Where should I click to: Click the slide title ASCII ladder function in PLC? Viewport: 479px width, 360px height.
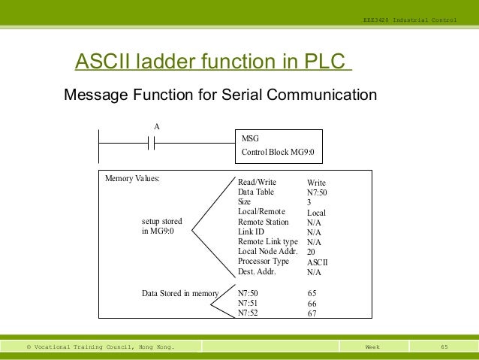212,61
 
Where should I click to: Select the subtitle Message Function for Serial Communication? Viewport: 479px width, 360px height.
220,95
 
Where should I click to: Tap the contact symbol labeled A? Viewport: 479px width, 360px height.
151,143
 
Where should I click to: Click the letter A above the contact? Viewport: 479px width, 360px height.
156,127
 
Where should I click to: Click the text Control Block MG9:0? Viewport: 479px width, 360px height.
278,153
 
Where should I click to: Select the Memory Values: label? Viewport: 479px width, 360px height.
133,179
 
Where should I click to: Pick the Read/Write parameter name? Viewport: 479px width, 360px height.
257,183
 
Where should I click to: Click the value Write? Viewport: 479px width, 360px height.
317,183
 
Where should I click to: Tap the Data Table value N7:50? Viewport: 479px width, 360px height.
318,192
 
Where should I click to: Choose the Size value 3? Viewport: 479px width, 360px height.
309,202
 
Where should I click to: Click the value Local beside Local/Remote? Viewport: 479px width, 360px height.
317,213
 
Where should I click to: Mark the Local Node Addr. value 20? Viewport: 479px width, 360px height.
312,253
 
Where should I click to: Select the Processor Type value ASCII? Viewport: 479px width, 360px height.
318,262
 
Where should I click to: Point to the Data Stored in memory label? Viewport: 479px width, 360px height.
180,293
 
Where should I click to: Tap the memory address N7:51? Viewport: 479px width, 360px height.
248,303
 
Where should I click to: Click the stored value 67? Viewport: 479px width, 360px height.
312,313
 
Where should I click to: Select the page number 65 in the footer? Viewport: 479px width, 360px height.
444,346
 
